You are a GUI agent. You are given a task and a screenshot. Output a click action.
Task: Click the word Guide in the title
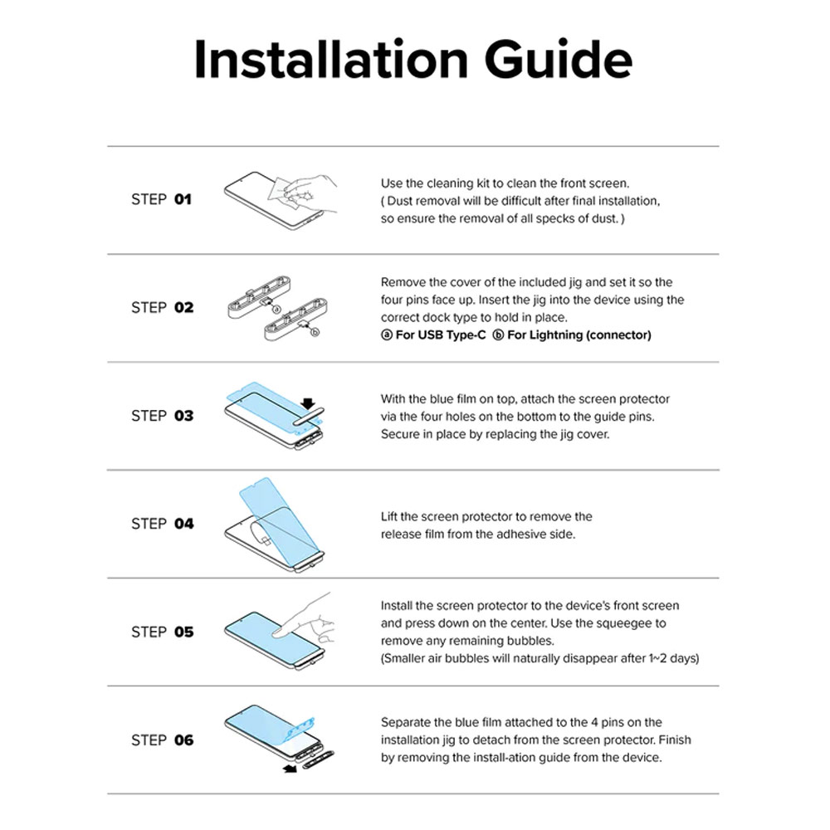click(558, 59)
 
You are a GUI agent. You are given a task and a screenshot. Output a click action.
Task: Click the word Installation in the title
click(331, 59)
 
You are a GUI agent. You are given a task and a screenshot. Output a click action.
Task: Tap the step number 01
click(183, 199)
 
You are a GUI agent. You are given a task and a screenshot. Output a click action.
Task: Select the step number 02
click(183, 308)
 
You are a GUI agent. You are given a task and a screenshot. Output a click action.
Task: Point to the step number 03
click(183, 416)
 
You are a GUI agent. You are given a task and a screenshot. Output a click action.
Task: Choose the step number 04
click(183, 524)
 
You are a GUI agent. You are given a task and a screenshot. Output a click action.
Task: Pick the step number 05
click(183, 632)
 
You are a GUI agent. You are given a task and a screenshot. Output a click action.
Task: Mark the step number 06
click(183, 740)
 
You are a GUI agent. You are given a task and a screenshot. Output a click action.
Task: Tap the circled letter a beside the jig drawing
click(276, 310)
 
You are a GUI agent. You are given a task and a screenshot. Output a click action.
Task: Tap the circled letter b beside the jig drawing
click(315, 333)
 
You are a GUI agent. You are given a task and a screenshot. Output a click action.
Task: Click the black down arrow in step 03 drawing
click(308, 404)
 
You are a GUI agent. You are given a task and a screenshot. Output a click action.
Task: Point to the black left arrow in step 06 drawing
click(290, 768)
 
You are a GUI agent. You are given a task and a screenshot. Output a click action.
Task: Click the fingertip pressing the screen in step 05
click(277, 631)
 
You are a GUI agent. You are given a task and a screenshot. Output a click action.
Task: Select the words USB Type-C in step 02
click(452, 335)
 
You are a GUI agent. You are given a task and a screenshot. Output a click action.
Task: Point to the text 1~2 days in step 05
click(672, 658)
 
